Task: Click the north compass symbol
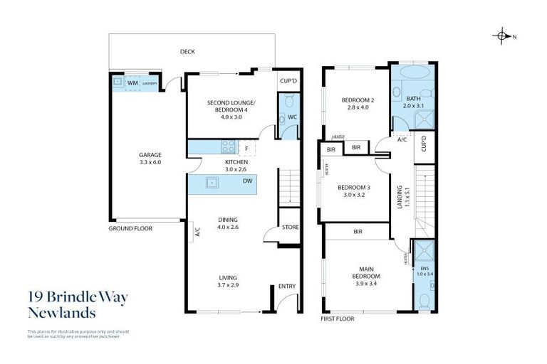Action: [x=503, y=36]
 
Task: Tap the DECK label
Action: [x=187, y=51]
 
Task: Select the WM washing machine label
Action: [x=132, y=83]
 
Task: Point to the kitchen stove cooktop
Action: [x=229, y=148]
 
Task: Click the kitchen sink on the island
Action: [x=212, y=182]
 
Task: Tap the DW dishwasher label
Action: [x=246, y=181]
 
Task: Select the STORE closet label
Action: [x=290, y=227]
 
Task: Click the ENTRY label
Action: [x=286, y=287]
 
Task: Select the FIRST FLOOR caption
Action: [x=338, y=318]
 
